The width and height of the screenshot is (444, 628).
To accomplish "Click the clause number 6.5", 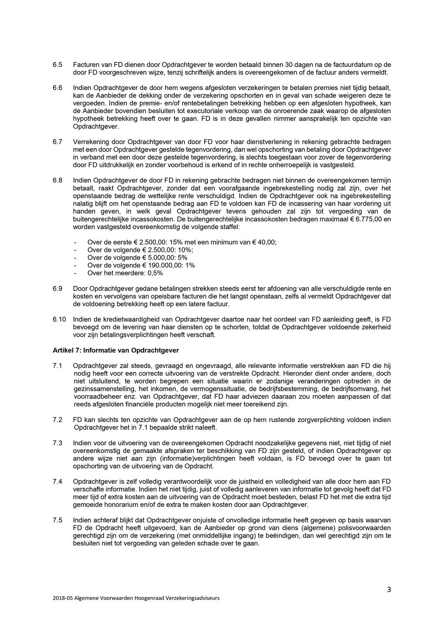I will [x=57, y=65].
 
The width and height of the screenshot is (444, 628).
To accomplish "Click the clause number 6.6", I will [x=57, y=88].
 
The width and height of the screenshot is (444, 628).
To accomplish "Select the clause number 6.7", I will [x=57, y=142].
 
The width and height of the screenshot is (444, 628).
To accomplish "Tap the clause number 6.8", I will [x=57, y=180].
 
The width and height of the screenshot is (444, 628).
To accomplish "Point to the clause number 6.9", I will [x=57, y=288].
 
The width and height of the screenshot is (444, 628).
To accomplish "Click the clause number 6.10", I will [x=59, y=319].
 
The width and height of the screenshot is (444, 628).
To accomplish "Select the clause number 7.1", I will [x=57, y=365].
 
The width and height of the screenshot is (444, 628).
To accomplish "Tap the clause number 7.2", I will [x=57, y=420].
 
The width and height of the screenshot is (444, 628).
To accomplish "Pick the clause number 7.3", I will [x=57, y=443].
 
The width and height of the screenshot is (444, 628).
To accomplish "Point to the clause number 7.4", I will [x=57, y=481].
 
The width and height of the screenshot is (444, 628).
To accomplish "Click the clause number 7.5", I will [x=57, y=520].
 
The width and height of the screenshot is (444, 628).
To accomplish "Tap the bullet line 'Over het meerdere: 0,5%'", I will [x=125, y=273].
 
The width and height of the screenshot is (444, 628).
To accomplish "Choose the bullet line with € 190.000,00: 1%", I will [x=141, y=265].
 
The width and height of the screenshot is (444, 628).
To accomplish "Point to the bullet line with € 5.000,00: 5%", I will [x=137, y=258].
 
